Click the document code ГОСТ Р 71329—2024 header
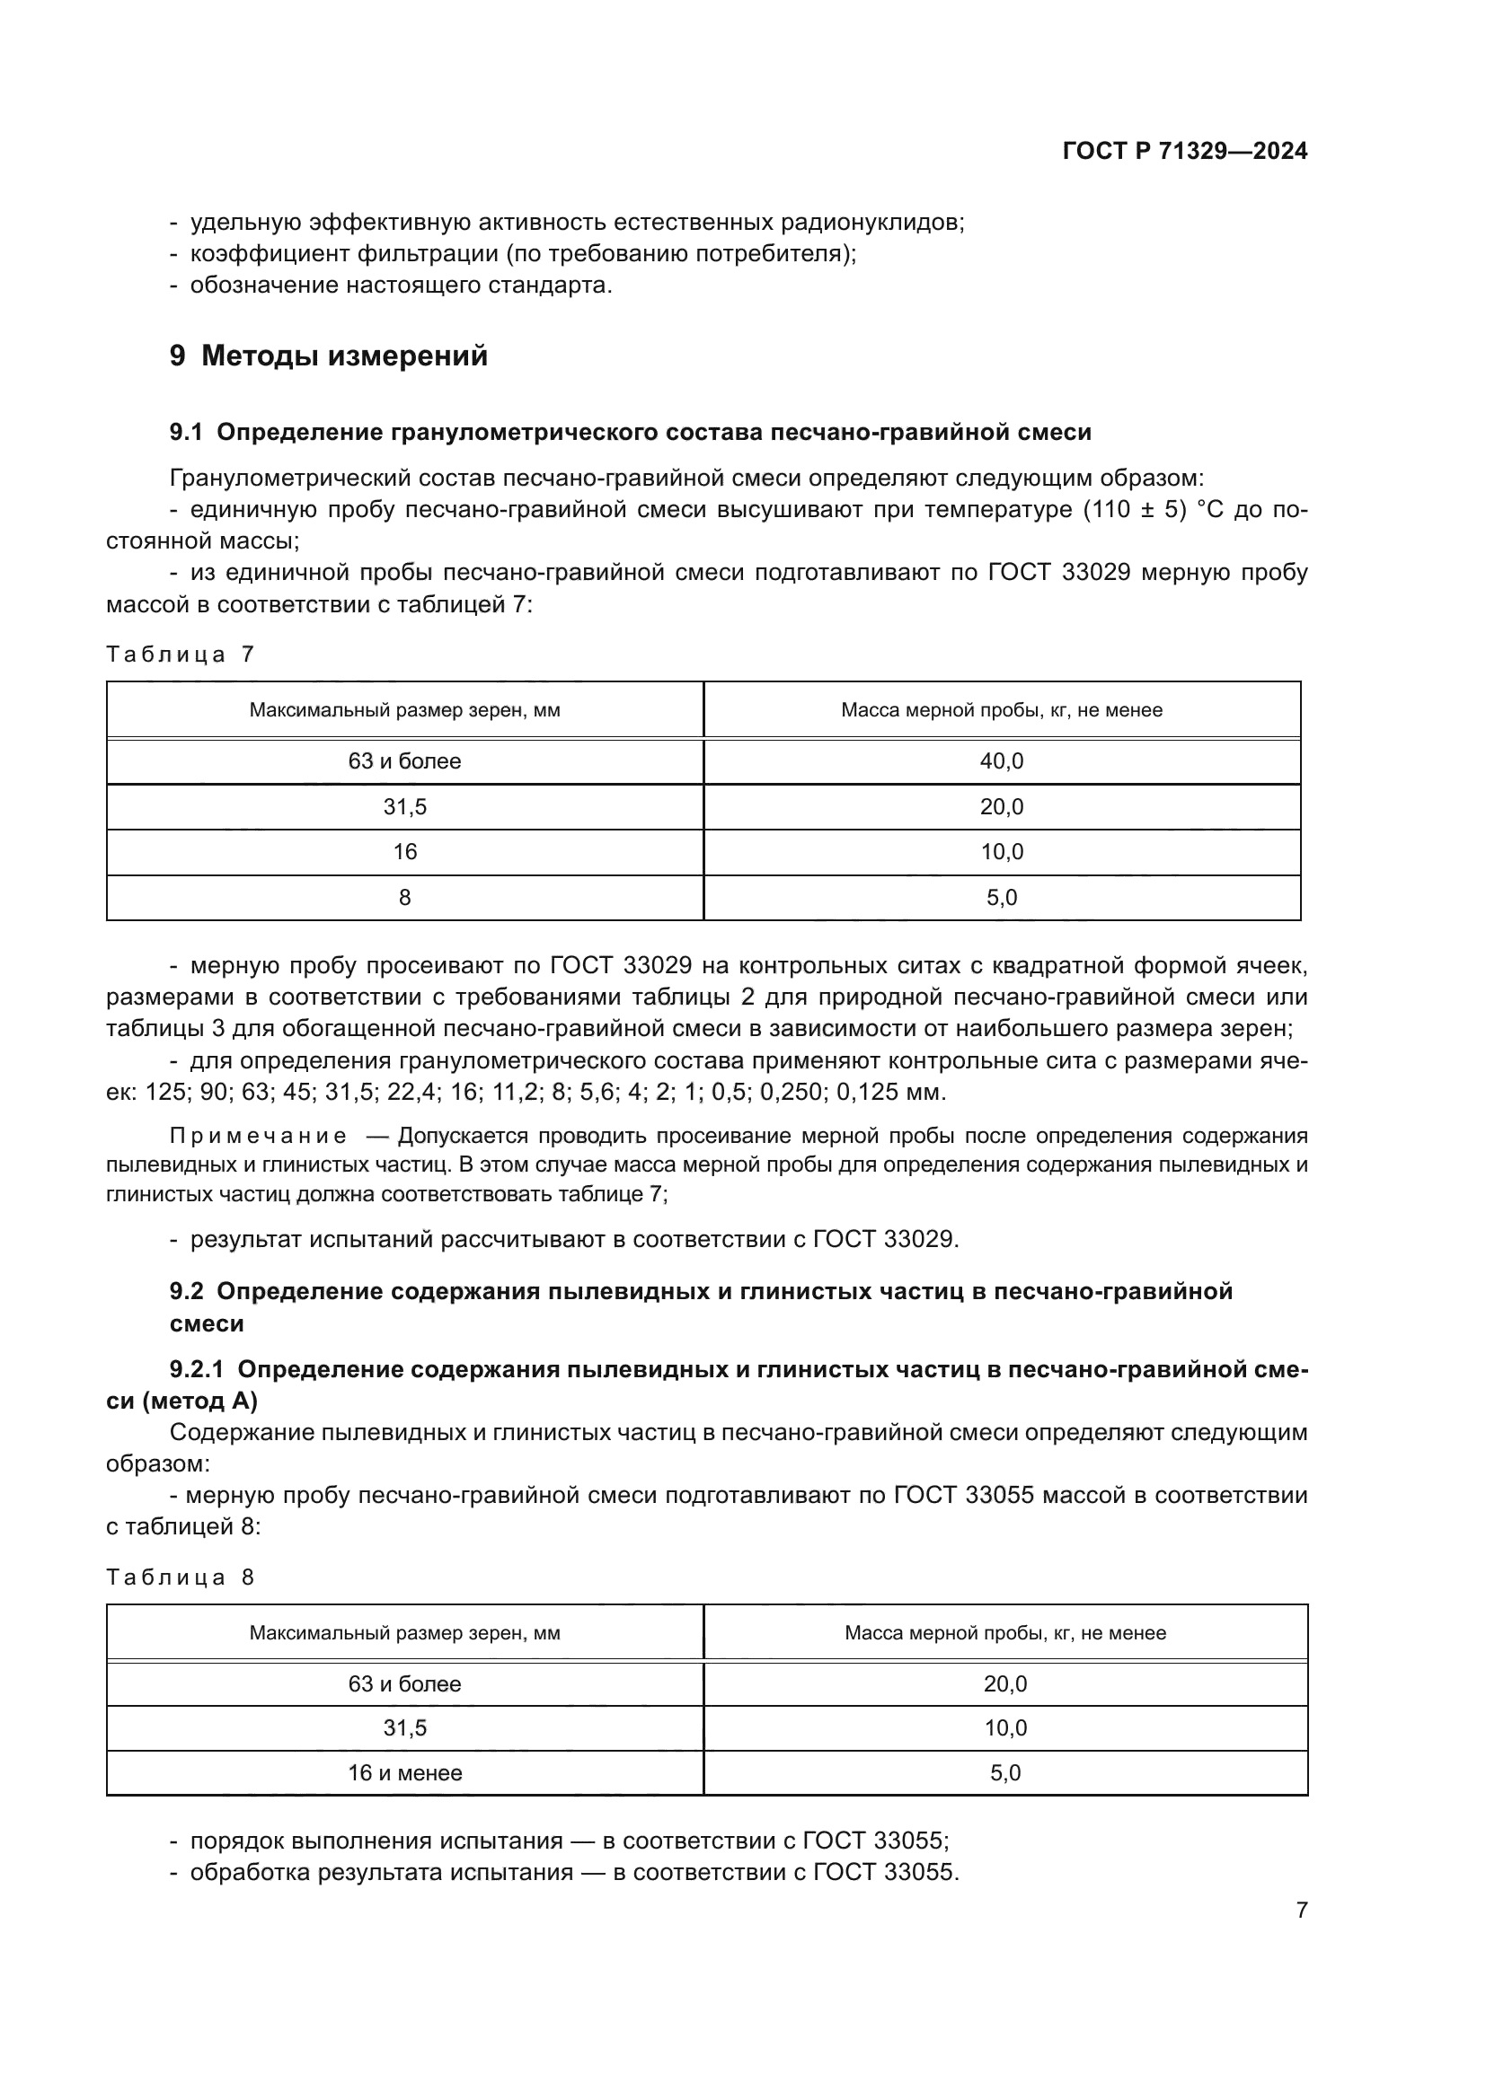(x=1184, y=151)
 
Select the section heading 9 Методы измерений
(x=329, y=356)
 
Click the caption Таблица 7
(x=181, y=654)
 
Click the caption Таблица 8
(x=181, y=1577)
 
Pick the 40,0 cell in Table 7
(x=1001, y=761)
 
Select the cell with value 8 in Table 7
(x=404, y=897)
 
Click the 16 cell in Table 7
(x=404, y=851)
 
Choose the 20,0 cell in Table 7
(x=1001, y=807)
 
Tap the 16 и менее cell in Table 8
(x=404, y=1772)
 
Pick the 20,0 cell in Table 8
(x=1004, y=1683)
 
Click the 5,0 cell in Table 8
(x=1004, y=1772)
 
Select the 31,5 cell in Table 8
(x=404, y=1727)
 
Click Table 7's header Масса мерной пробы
(x=1001, y=710)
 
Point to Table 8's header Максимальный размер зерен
(x=404, y=1632)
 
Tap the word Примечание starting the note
(x=258, y=1136)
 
